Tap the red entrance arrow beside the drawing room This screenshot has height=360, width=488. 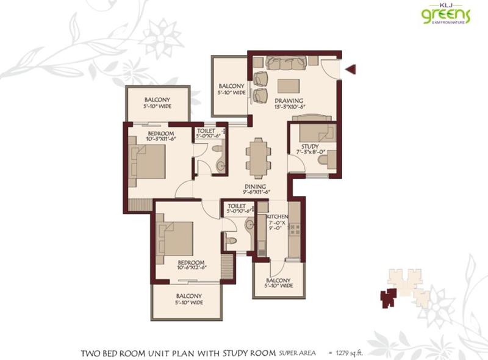(350, 70)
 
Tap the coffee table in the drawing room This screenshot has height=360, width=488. (289, 85)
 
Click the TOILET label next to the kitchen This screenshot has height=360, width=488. (237, 207)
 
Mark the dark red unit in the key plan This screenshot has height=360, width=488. (388, 297)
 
